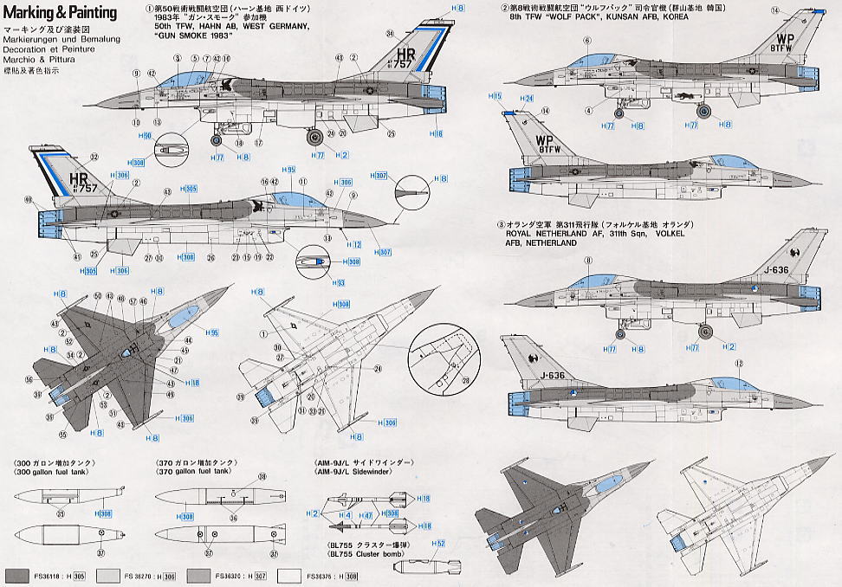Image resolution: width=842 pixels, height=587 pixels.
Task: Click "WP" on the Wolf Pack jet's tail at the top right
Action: (785, 39)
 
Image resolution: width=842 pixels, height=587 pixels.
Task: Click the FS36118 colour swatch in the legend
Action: (26, 575)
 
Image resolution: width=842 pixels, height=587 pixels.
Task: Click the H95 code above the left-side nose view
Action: (290, 170)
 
